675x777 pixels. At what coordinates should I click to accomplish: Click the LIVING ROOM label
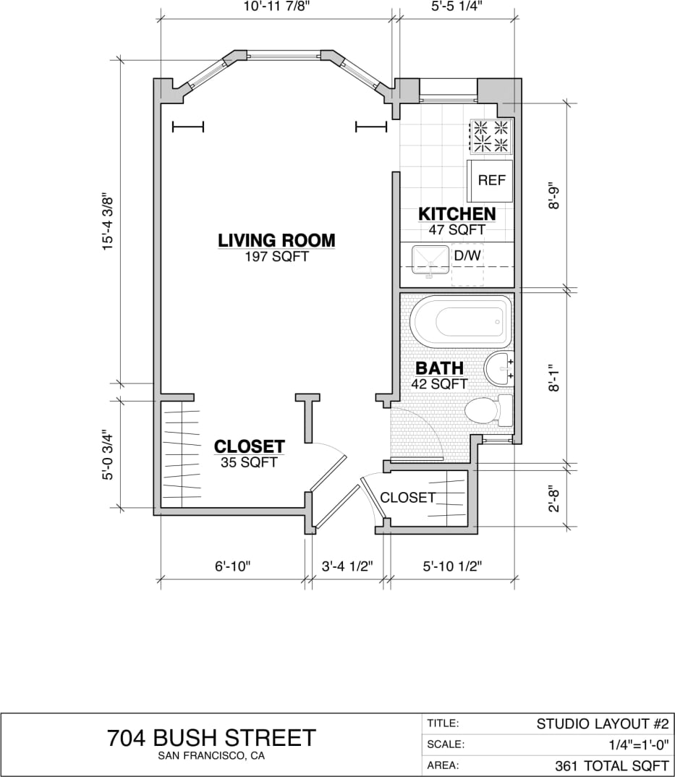pyautogui.click(x=277, y=240)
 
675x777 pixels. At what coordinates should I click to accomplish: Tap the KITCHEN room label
pyautogui.click(x=457, y=214)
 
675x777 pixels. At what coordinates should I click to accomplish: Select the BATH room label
pyautogui.click(x=439, y=368)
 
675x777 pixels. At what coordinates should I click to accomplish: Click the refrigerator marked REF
pyautogui.click(x=491, y=181)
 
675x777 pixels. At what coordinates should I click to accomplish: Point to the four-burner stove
pyautogui.click(x=491, y=136)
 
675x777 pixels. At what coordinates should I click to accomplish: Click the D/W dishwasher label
pyautogui.click(x=467, y=255)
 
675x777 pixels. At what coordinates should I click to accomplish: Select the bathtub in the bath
pyautogui.click(x=461, y=322)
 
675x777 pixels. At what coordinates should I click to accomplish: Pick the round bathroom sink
pyautogui.click(x=498, y=369)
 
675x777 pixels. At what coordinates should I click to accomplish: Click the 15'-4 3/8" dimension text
pyautogui.click(x=109, y=221)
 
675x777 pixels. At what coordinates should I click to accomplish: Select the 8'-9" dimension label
pyautogui.click(x=555, y=195)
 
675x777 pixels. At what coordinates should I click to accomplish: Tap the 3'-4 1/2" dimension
pyautogui.click(x=347, y=566)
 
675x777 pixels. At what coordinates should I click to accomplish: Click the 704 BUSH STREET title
pyautogui.click(x=211, y=738)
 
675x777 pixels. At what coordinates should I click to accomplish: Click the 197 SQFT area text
pyautogui.click(x=277, y=256)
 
